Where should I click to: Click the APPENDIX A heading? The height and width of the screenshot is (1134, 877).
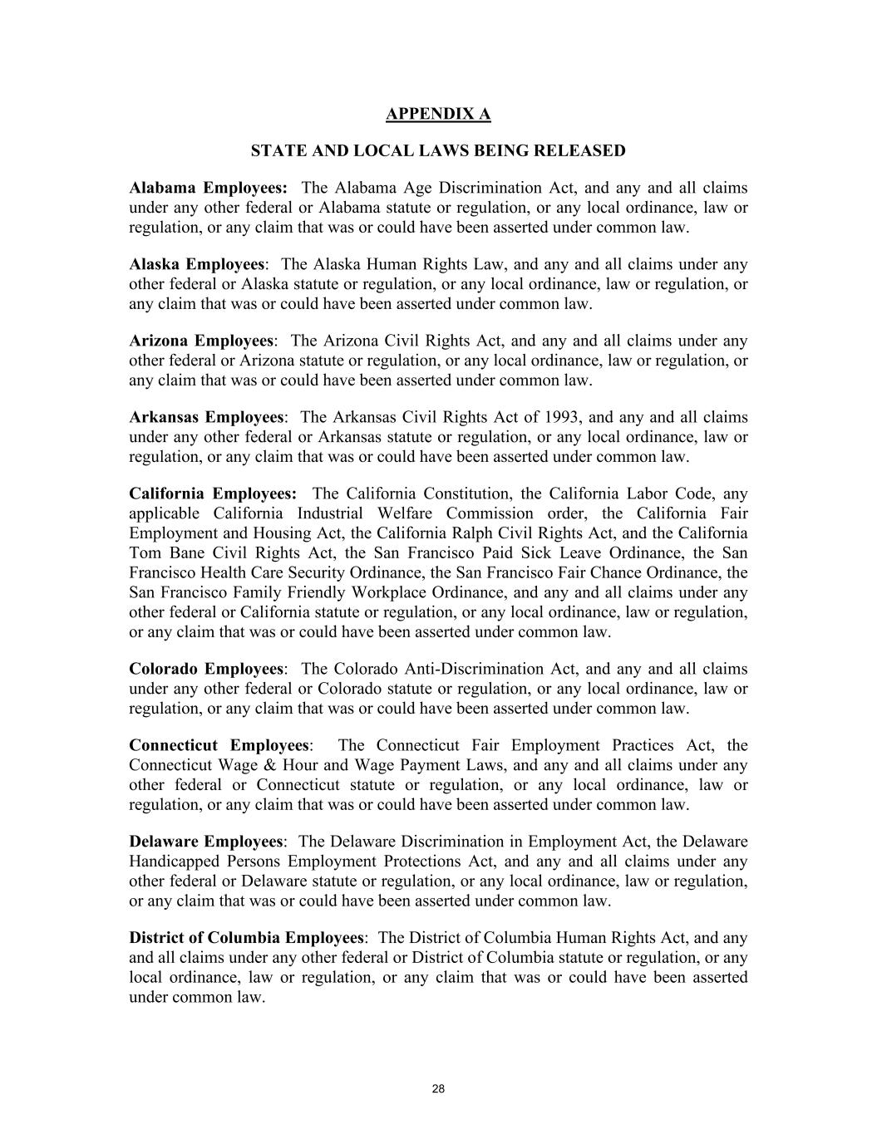click(438, 114)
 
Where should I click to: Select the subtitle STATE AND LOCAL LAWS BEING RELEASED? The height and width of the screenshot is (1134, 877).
click(438, 151)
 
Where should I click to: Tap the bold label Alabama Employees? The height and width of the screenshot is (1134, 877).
click(208, 189)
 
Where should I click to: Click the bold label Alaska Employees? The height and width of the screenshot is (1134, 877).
click(197, 265)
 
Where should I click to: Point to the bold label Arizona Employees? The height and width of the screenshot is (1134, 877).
click(201, 341)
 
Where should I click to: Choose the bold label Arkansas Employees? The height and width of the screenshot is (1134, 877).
click(206, 418)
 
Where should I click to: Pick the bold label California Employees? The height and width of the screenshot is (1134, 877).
click(213, 494)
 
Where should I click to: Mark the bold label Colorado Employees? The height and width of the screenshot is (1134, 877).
click(206, 670)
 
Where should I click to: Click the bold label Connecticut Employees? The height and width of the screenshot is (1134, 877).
click(219, 746)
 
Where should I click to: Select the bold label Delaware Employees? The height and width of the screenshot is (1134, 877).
click(205, 842)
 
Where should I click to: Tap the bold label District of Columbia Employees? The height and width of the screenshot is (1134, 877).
click(246, 939)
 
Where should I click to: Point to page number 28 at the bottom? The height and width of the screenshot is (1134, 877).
click(439, 1090)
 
